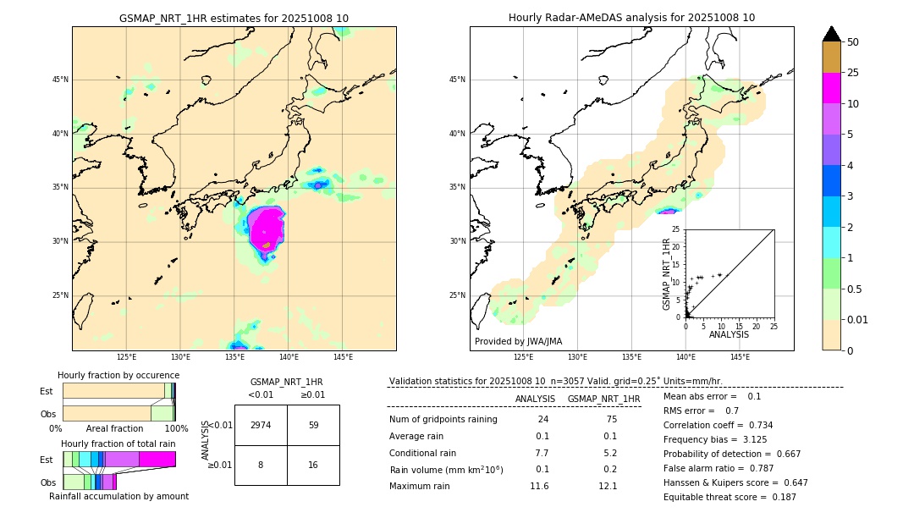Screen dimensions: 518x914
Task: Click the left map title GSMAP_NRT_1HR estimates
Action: tap(234, 18)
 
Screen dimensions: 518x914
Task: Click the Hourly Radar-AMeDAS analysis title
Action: tap(631, 18)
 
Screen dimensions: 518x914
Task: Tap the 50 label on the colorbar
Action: tap(853, 42)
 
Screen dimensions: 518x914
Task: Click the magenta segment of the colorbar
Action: tap(831, 88)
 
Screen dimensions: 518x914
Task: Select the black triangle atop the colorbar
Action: tap(831, 34)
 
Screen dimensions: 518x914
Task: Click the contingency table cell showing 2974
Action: tap(261, 425)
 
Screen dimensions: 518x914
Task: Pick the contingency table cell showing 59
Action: tap(313, 425)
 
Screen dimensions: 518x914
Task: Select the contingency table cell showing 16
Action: tap(313, 465)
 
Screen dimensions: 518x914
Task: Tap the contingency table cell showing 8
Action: tap(261, 465)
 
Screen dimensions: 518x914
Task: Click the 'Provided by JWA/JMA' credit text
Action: tap(518, 341)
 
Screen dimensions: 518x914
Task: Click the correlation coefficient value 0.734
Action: tap(755, 425)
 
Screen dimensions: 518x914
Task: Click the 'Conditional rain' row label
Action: tap(424, 453)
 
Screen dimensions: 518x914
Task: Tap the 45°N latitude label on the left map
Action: tap(60, 80)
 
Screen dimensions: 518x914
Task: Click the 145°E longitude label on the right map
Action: tap(740, 357)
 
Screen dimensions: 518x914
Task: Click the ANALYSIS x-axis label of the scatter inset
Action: tap(729, 334)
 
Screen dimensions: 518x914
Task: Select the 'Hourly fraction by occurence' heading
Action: tap(118, 375)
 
